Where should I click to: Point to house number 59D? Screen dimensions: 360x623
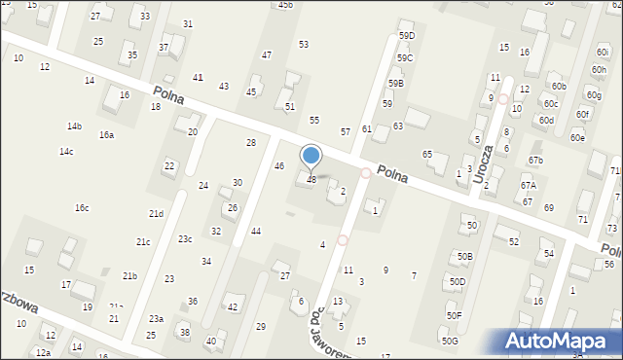407,36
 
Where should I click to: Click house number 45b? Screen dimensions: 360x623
284,5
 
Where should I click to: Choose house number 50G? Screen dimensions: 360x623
449,341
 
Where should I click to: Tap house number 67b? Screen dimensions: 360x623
535,160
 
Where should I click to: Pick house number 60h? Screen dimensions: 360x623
599,70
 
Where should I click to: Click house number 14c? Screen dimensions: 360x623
66,152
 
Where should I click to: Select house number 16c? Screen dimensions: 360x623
82,208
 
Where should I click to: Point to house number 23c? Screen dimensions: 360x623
185,239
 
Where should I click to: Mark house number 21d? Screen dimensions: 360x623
156,214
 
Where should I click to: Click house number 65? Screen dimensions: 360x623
426,155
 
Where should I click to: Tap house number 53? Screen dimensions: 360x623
304,45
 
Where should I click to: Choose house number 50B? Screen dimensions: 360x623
465,256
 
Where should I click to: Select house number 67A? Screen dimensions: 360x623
528,186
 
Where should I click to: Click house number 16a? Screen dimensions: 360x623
106,135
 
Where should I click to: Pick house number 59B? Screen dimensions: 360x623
395,84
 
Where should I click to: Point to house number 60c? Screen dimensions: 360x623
551,104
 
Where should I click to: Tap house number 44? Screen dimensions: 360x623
256,232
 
